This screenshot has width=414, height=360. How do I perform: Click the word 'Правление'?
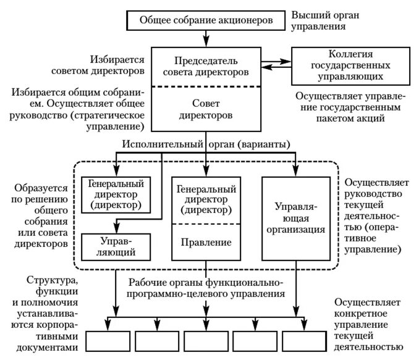click(204, 243)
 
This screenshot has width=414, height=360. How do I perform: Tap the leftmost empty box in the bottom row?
click(108, 340)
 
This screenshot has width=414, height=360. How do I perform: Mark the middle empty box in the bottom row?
click(206, 340)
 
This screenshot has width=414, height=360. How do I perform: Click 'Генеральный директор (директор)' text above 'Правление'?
click(204, 199)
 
